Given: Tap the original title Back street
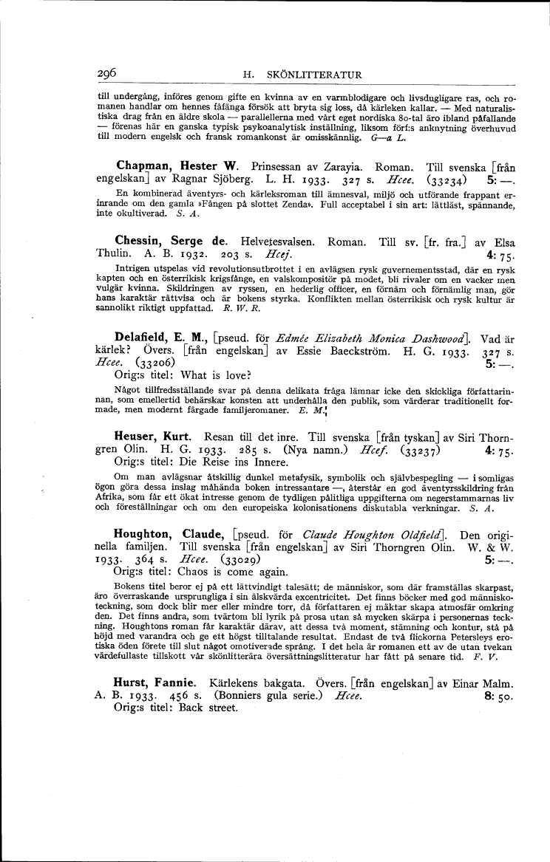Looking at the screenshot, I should [x=208, y=708].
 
